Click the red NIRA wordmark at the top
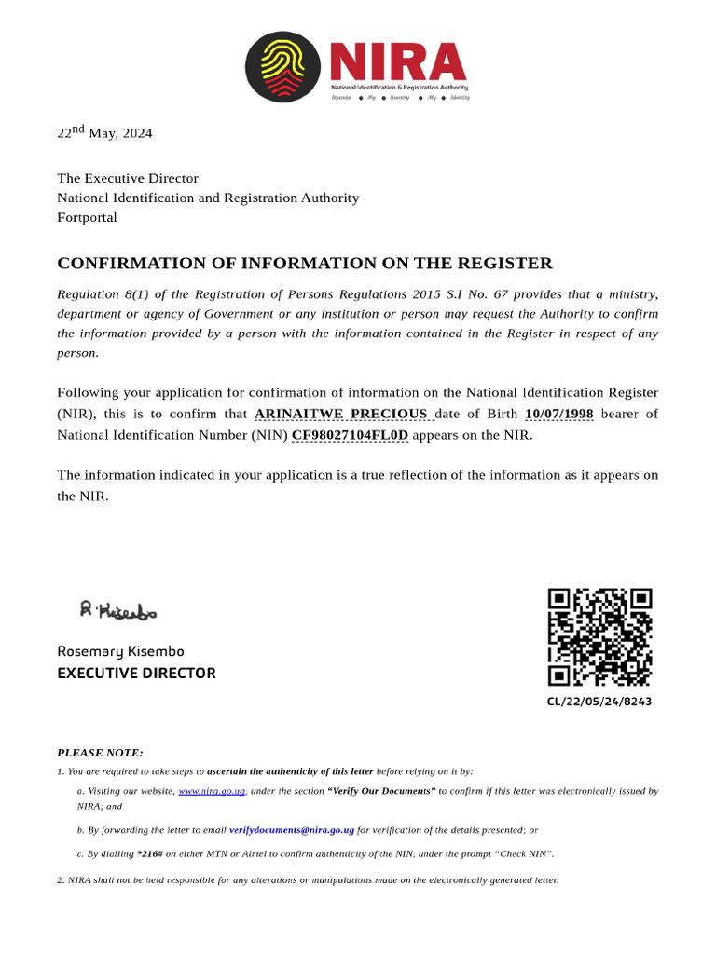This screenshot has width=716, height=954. tap(397, 61)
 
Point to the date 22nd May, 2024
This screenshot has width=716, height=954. tap(104, 132)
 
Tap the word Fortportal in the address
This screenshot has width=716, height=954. tap(87, 217)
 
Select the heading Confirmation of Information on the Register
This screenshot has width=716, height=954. tap(305, 264)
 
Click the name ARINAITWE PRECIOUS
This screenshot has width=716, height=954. tap(341, 414)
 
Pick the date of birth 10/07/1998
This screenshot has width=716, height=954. tap(559, 414)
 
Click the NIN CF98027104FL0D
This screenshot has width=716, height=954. tap(350, 435)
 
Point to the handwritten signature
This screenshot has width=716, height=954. tap(118, 610)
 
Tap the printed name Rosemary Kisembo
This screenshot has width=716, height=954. tap(120, 651)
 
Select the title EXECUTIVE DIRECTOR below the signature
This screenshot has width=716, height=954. tap(136, 673)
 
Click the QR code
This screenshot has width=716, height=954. tap(599, 637)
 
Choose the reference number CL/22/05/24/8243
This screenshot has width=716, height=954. tap(599, 702)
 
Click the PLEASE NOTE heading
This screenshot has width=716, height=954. tap(101, 752)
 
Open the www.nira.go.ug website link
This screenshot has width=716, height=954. tap(212, 791)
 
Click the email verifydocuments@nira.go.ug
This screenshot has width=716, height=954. tap(292, 829)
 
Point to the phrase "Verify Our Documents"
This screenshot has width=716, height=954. tap(381, 791)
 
